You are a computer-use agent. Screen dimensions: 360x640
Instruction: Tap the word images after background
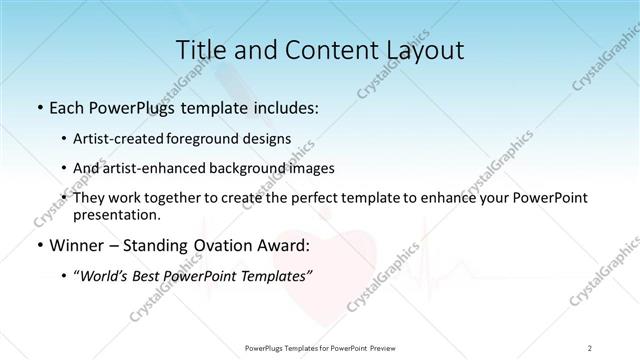311,168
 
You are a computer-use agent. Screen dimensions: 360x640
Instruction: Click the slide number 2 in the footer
590,347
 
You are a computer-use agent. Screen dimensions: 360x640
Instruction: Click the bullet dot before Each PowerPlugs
38,107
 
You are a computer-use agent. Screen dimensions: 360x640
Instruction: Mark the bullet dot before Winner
38,245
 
